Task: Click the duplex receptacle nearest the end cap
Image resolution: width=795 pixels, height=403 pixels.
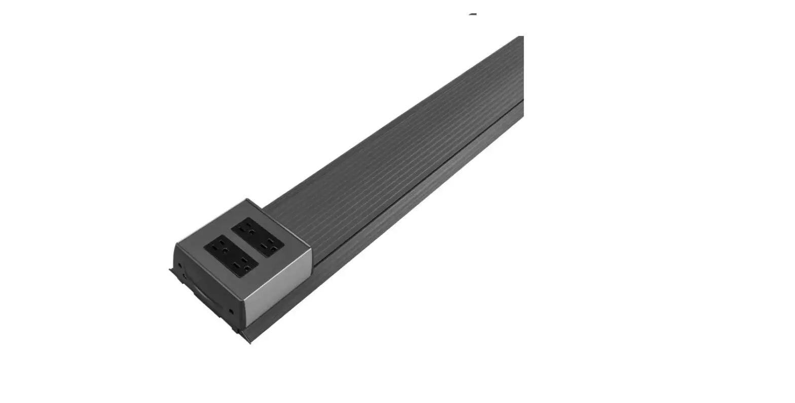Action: tap(231, 256)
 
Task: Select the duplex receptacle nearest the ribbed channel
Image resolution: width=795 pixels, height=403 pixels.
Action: tap(257, 237)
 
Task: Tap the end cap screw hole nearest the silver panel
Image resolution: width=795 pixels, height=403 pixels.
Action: tap(231, 311)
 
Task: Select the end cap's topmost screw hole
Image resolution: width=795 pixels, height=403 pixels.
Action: tap(179, 265)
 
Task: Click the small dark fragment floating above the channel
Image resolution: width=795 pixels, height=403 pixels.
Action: tap(473, 15)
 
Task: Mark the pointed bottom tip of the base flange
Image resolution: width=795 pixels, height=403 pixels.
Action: tap(250, 343)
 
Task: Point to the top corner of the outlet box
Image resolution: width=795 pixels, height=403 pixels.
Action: tap(247, 199)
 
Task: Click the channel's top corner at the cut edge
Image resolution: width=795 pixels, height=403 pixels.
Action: tap(522, 36)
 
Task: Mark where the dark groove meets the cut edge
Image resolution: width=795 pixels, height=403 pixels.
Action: tap(523, 100)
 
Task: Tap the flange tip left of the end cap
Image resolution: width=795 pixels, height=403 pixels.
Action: tap(170, 270)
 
